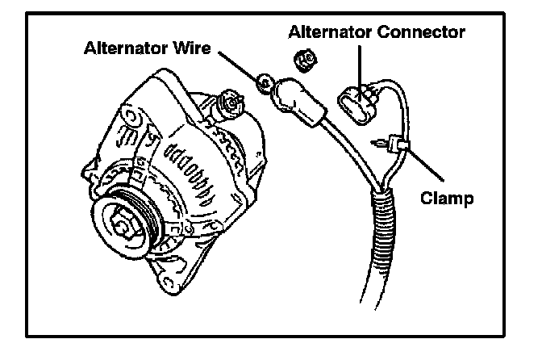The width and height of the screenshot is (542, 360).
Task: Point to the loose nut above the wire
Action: (305, 59)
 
